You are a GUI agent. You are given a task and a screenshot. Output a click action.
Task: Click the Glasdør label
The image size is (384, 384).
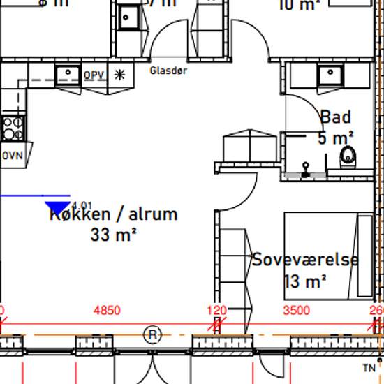(x=168, y=71)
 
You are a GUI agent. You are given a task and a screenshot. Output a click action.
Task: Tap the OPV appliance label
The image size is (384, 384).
(x=94, y=75)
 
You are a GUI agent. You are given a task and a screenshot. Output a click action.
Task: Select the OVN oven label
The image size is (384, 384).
(x=12, y=155)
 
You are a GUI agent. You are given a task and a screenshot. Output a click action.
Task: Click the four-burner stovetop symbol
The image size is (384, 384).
(x=12, y=128)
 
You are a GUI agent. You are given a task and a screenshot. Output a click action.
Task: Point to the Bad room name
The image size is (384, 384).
(x=335, y=117)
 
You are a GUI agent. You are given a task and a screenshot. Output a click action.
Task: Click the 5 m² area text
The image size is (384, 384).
(x=336, y=138)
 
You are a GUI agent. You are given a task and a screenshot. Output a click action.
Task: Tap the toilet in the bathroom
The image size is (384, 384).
(x=348, y=158)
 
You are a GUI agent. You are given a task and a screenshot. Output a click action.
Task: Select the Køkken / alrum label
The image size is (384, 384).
(x=113, y=214)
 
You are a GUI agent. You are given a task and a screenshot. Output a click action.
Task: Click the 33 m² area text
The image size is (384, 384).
(x=112, y=235)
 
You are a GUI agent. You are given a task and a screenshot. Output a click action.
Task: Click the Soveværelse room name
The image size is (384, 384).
(x=305, y=260)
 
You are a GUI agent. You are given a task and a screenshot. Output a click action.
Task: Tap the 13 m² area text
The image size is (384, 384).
(x=306, y=281)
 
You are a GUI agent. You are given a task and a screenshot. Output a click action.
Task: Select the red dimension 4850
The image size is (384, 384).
(x=107, y=311)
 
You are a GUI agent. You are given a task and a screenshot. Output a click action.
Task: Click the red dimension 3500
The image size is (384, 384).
(x=296, y=311)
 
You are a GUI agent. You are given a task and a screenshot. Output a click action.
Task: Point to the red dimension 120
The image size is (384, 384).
(x=217, y=311)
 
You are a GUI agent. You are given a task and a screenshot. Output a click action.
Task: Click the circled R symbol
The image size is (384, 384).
(x=152, y=335)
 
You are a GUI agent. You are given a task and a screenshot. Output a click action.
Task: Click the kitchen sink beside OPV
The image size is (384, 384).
(x=68, y=73)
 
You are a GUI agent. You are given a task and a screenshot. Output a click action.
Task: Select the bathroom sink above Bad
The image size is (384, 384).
(x=327, y=74)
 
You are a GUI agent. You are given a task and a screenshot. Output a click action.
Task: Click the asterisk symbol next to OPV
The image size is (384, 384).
(x=119, y=75)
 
